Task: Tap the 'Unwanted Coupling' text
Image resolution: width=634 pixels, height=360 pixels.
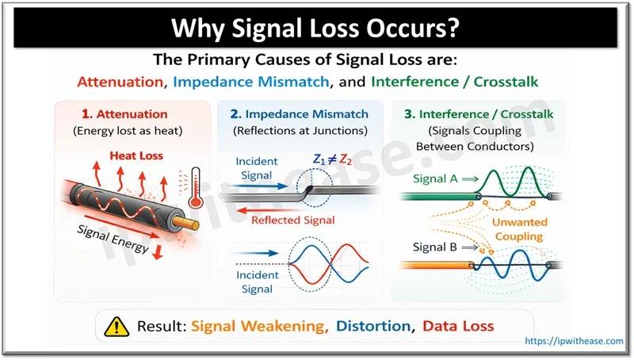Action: click(x=516, y=230)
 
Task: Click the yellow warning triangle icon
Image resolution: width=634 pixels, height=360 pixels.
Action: click(x=116, y=325)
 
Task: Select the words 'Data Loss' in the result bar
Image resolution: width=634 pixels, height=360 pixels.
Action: click(x=459, y=325)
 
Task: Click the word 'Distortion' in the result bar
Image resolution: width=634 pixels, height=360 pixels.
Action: click(x=375, y=325)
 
